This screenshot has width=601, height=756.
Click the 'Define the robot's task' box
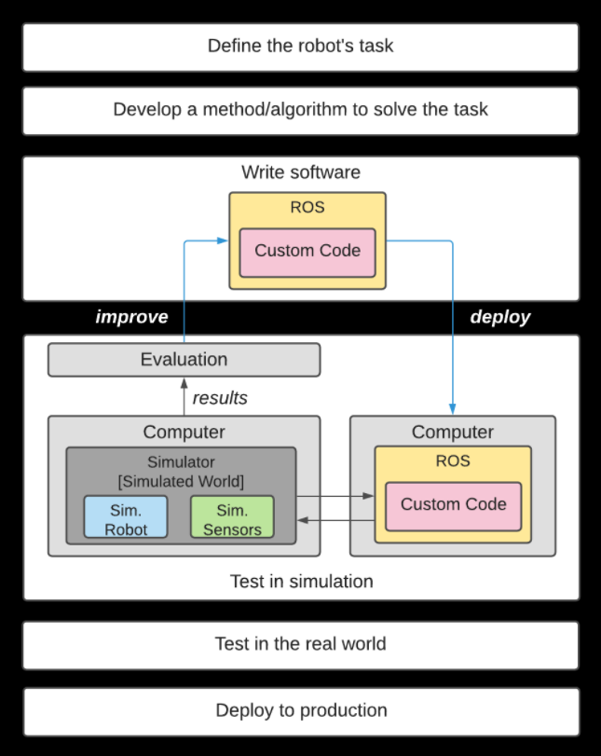click(x=300, y=47)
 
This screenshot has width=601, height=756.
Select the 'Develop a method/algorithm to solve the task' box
click(x=300, y=110)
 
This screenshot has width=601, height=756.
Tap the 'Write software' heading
click(x=300, y=172)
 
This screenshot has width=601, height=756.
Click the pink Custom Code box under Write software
click(x=307, y=252)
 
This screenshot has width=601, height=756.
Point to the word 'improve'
click(x=131, y=317)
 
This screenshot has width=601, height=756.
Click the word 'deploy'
click(x=499, y=317)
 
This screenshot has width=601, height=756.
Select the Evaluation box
click(x=184, y=360)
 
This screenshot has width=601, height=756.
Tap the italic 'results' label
click(x=219, y=398)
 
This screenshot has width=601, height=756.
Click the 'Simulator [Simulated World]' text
click(x=180, y=472)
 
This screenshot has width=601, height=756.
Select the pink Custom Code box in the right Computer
click(x=453, y=505)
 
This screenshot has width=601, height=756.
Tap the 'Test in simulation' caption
click(x=300, y=582)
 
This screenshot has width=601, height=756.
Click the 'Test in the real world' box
click(x=300, y=644)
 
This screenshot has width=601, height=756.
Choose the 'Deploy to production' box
click(x=300, y=710)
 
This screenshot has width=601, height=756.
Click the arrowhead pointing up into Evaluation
click(x=184, y=381)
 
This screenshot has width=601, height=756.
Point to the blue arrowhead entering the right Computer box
click(x=453, y=409)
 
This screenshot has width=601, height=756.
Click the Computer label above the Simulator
click(x=184, y=433)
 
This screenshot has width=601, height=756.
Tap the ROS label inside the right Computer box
click(x=453, y=460)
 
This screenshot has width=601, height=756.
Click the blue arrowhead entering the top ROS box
click(x=223, y=241)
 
